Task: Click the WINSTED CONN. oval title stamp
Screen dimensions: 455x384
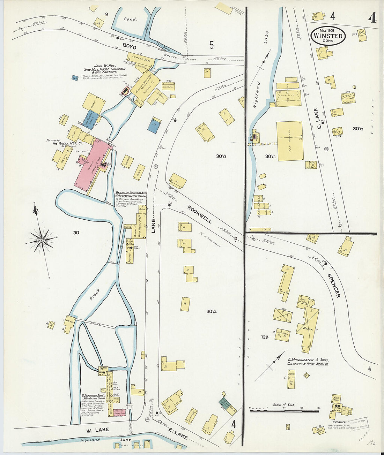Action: click(x=328, y=36)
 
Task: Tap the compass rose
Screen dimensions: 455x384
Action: click(x=42, y=240)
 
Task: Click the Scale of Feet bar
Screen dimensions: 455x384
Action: click(x=284, y=411)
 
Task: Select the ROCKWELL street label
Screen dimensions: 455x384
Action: click(x=199, y=214)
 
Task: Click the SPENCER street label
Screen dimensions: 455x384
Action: click(x=334, y=285)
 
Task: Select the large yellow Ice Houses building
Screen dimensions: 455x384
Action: click(x=289, y=141)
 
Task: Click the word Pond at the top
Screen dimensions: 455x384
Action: click(x=130, y=20)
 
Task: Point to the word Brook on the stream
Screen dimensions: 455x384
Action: click(x=94, y=295)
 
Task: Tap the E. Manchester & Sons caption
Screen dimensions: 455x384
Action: click(x=308, y=362)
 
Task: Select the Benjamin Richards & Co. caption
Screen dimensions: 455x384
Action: click(x=131, y=194)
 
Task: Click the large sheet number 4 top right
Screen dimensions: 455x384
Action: click(x=372, y=17)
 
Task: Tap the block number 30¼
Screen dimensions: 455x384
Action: click(x=212, y=311)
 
